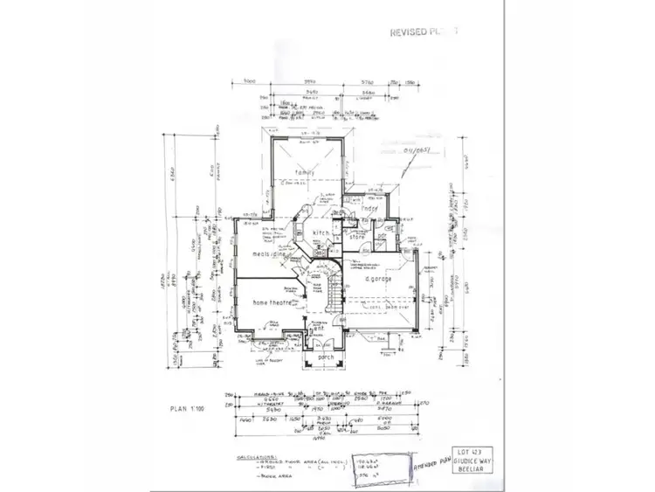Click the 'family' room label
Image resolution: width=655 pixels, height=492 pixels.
[x=304, y=173]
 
